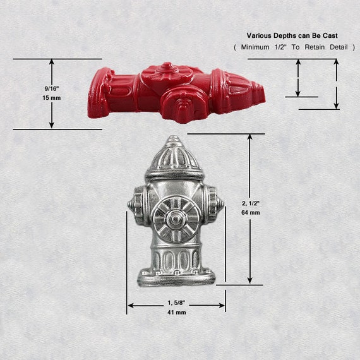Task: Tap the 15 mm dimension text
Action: (x=52, y=98)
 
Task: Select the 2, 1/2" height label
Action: (x=251, y=203)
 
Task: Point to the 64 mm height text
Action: (x=251, y=213)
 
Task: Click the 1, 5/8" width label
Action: (x=176, y=303)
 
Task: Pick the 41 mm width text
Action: (x=177, y=313)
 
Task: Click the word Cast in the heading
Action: (x=330, y=35)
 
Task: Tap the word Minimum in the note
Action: (x=255, y=47)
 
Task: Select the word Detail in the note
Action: (x=339, y=47)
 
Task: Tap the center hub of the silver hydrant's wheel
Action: (x=176, y=219)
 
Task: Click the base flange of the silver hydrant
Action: (x=176, y=279)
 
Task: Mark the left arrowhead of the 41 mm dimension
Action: (x=130, y=305)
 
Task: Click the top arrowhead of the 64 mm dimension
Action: (x=250, y=137)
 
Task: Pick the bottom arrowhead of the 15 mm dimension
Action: (x=52, y=125)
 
